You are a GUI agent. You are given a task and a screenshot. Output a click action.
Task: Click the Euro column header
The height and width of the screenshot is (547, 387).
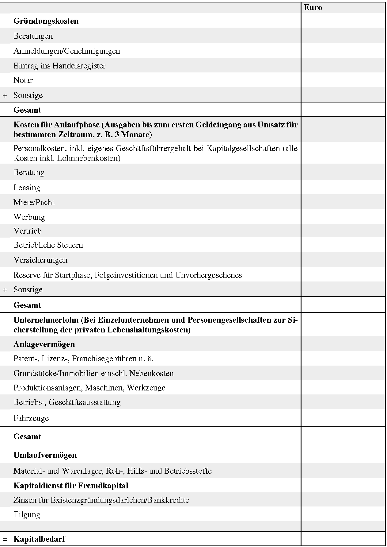[313, 8]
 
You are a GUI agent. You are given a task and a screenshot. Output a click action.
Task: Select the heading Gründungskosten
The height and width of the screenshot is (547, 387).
[46, 21]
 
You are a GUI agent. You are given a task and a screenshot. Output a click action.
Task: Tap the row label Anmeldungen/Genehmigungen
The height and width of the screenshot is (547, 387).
[66, 51]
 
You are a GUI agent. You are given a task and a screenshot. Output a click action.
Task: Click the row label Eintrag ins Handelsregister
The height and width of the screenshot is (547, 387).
[59, 66]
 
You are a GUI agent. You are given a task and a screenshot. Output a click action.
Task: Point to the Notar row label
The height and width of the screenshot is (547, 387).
[23, 80]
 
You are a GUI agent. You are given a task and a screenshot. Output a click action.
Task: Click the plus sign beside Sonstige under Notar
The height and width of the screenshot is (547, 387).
[5, 95]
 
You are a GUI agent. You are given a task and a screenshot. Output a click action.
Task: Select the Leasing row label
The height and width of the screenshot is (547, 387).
[27, 188]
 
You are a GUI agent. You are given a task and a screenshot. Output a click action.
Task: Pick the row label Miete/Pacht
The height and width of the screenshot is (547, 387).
[34, 203]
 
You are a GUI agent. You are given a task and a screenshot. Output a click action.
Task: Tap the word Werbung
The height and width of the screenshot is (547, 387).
[29, 217]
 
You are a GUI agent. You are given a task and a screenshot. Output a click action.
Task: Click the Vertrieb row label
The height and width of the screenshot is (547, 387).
[27, 231]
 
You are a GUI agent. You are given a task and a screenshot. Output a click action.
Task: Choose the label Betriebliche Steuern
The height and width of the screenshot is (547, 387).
[48, 245]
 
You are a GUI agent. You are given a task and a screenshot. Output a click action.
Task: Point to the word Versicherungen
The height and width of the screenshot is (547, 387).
[40, 260]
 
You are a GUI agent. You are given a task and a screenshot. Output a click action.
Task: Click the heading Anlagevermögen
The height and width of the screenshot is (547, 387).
[44, 344]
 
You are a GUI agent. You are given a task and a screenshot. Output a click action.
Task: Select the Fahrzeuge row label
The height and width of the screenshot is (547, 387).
[31, 418]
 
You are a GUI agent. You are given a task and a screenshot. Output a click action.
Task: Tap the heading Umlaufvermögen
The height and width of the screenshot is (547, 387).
[45, 455]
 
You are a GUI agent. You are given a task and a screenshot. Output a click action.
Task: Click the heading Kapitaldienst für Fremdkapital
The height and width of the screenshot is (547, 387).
[71, 486]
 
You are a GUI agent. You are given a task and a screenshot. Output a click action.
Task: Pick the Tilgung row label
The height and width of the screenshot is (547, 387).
[27, 514]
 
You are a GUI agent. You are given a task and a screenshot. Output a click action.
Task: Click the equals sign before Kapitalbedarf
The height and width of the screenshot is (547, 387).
[5, 539]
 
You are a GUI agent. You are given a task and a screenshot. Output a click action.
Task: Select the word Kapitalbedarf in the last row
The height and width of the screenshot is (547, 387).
[39, 539]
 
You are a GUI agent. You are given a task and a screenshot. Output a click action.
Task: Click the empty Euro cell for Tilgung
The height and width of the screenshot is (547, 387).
[343, 514]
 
